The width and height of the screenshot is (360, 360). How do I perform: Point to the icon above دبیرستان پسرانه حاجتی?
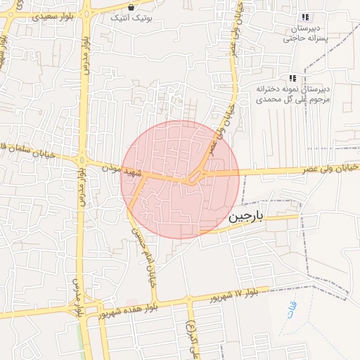(x=305, y=17)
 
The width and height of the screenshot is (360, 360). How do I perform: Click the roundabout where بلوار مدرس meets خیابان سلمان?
(x=83, y=162)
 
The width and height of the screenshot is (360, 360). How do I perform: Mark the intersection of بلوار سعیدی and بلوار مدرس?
(x=86, y=13)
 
